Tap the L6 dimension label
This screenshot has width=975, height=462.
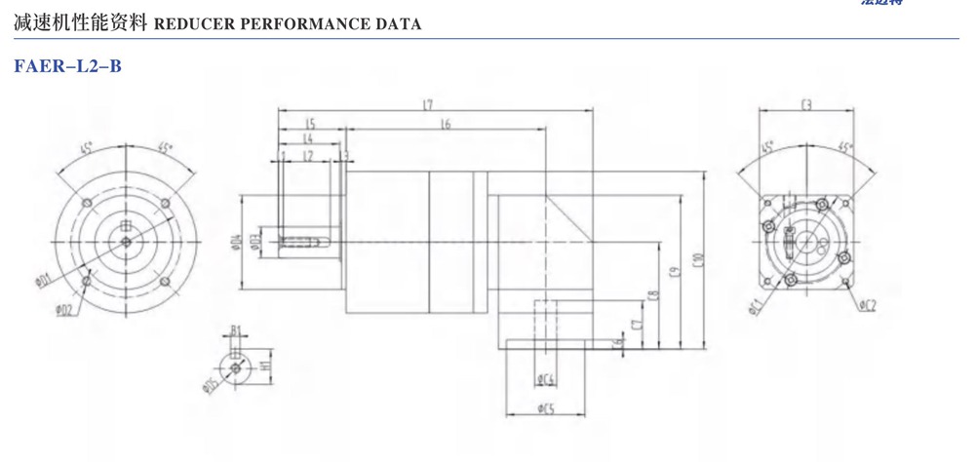[x=445, y=125]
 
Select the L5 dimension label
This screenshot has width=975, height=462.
[x=309, y=124]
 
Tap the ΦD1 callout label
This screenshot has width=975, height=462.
[x=42, y=282]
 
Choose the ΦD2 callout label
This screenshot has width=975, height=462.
[x=62, y=310]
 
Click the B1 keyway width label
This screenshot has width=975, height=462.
[x=235, y=331]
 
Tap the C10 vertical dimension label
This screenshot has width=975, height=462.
[x=697, y=261]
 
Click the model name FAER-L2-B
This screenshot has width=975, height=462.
[x=67, y=67]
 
